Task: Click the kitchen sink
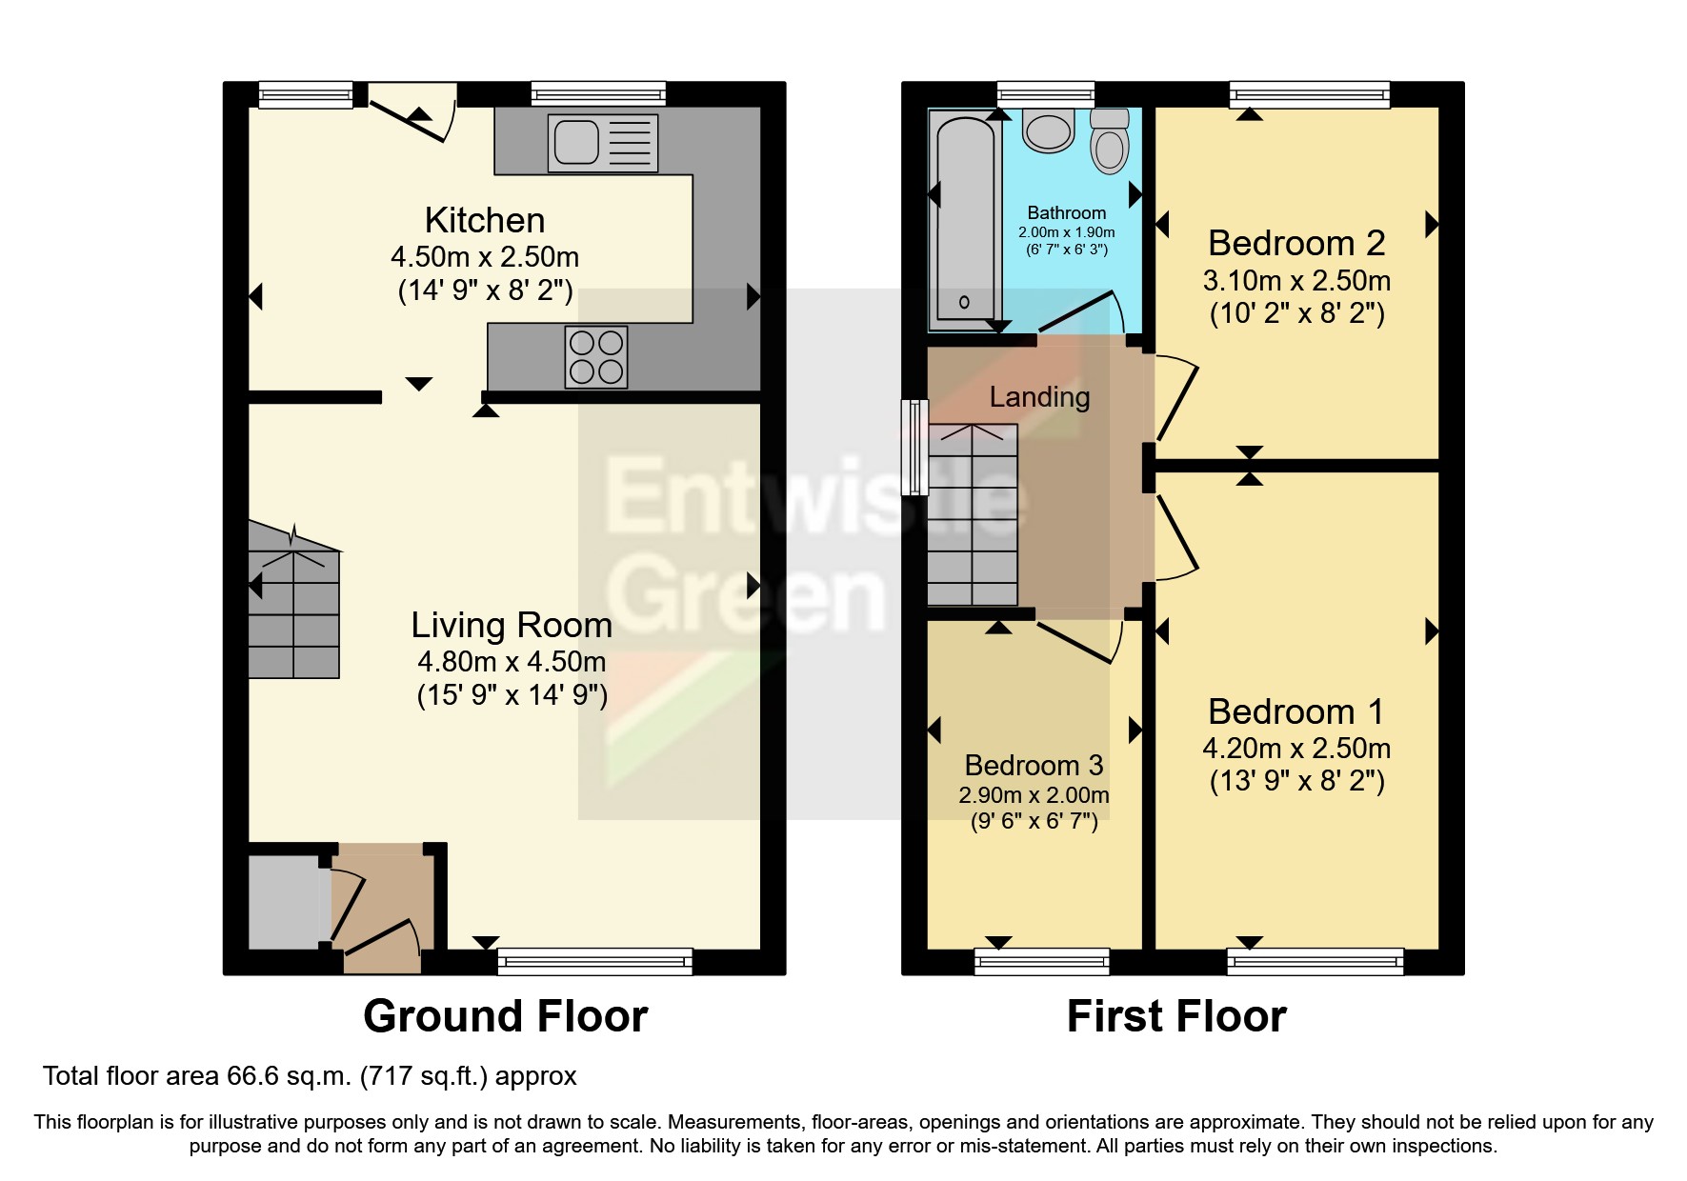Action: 602,143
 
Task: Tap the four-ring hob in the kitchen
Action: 596,356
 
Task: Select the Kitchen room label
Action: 485,220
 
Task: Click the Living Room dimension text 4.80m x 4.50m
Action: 512,661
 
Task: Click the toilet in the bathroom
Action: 1109,141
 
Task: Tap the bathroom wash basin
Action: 1047,131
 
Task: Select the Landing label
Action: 1039,396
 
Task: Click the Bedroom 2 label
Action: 1296,244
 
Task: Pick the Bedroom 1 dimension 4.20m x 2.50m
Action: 1296,748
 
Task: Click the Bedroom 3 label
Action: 1034,765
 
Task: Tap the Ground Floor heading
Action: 505,1016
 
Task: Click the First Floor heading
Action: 1176,1016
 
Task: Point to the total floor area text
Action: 310,1076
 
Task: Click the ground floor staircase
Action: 293,610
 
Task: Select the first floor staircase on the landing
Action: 972,519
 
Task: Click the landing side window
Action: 914,447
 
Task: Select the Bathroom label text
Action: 1066,212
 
